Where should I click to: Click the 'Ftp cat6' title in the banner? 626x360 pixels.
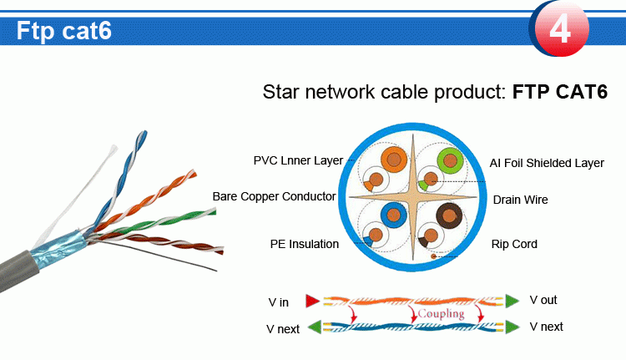(x=64, y=31)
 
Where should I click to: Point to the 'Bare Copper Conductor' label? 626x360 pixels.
(x=274, y=196)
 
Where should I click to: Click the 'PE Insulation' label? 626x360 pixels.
(x=304, y=244)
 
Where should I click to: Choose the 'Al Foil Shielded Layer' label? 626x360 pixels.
(x=547, y=163)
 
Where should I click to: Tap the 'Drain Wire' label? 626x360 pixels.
(x=520, y=200)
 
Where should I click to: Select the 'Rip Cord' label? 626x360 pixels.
(x=514, y=244)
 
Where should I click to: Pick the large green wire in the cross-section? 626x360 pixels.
(x=451, y=158)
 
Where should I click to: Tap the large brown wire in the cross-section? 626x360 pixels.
(x=451, y=217)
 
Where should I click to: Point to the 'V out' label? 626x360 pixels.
(x=543, y=300)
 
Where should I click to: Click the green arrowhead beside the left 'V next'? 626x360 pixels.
(x=315, y=327)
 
